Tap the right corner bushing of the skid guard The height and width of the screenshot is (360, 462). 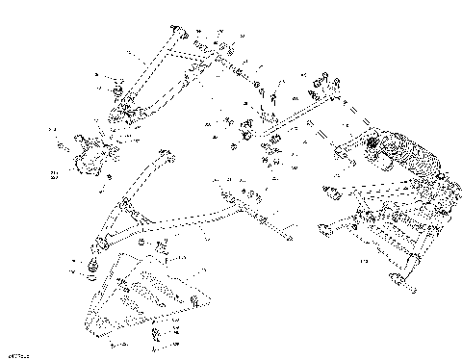point(197,304)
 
